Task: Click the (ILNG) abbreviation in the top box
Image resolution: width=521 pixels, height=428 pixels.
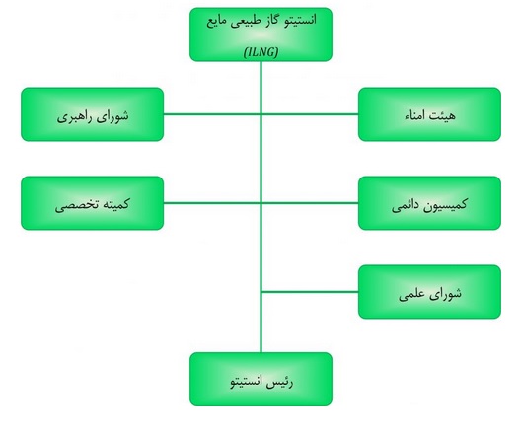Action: (260, 52)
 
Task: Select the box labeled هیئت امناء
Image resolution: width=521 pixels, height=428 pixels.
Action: (429, 114)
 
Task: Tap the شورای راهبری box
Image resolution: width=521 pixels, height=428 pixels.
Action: (93, 114)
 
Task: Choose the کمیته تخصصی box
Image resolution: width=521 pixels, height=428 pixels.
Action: (93, 203)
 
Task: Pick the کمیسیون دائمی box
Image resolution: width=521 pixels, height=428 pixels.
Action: (429, 203)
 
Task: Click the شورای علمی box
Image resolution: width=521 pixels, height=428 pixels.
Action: (429, 292)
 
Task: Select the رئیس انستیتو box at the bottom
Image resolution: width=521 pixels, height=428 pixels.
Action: (260, 379)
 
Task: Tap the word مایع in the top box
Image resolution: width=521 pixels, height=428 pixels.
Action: (217, 22)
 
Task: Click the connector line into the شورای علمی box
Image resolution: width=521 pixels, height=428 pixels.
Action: (310, 292)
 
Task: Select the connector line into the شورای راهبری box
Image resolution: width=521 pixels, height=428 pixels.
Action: (212, 114)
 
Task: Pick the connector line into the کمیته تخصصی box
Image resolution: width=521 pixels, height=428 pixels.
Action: (212, 203)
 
